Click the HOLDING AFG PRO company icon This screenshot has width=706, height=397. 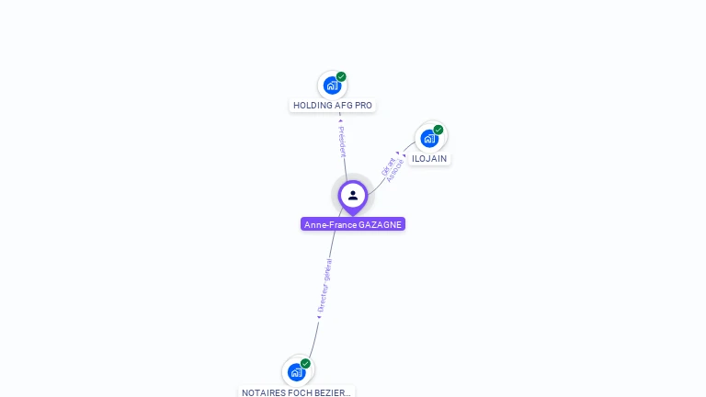click(x=332, y=85)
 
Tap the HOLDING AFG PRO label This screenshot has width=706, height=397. click(x=333, y=106)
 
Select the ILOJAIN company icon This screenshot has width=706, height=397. click(x=429, y=139)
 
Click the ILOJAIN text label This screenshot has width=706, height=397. click(x=429, y=159)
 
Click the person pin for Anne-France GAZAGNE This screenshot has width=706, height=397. click(x=353, y=196)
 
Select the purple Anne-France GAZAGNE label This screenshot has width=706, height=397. click(x=353, y=224)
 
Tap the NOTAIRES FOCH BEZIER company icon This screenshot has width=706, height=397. click(x=297, y=372)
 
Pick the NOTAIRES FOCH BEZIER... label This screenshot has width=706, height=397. click(x=296, y=392)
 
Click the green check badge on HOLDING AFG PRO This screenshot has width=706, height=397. click(x=341, y=77)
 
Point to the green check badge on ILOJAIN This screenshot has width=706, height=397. click(x=438, y=130)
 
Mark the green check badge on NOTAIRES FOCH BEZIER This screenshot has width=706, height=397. click(x=306, y=364)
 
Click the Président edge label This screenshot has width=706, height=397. click(x=342, y=142)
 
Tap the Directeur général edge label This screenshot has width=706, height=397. click(x=325, y=286)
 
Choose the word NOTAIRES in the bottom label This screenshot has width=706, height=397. click(x=261, y=392)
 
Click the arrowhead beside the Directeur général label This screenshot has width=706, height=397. click(x=318, y=317)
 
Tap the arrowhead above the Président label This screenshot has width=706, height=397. click(x=340, y=119)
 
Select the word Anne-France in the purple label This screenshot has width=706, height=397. click(x=330, y=224)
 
